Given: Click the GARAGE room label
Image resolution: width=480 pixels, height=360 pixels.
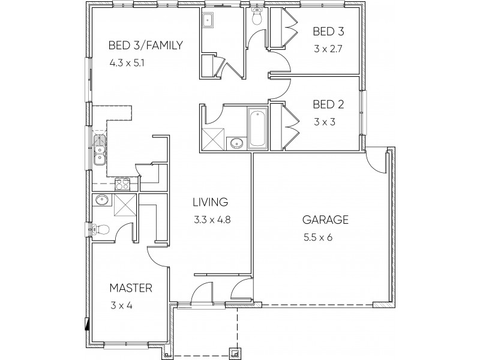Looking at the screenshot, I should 325,220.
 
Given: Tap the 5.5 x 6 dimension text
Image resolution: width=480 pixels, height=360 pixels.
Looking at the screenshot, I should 318,238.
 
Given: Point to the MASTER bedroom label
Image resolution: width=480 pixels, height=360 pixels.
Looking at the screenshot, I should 130,288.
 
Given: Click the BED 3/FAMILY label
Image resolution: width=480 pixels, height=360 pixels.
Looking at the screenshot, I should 145,45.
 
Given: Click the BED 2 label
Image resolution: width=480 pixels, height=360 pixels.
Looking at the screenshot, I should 328,104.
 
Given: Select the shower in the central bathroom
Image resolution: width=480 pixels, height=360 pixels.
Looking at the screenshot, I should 211,139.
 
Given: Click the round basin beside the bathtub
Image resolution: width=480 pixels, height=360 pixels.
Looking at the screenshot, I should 236,143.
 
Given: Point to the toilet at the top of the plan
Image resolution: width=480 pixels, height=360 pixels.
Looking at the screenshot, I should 257,19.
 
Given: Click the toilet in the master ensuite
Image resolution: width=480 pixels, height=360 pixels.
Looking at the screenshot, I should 100,229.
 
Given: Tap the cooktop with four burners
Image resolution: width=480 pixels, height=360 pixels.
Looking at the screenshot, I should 122,185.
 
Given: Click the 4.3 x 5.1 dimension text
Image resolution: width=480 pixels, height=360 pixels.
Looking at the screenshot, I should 126,62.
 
